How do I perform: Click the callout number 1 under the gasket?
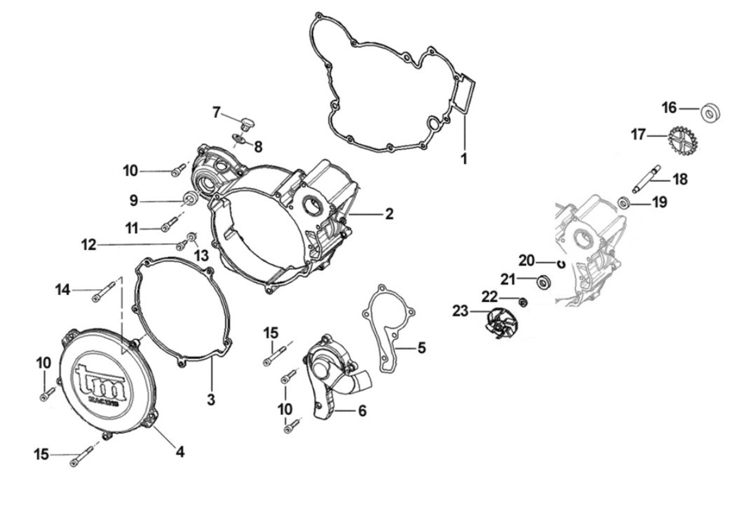pos(464,158)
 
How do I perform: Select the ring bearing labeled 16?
pos(711,113)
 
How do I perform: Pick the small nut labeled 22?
pos(523,302)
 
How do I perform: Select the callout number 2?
pos(388,214)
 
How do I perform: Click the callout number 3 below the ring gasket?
pos(211,399)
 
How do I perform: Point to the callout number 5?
pos(421,348)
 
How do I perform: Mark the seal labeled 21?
pos(545,282)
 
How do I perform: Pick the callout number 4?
pos(179,451)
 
